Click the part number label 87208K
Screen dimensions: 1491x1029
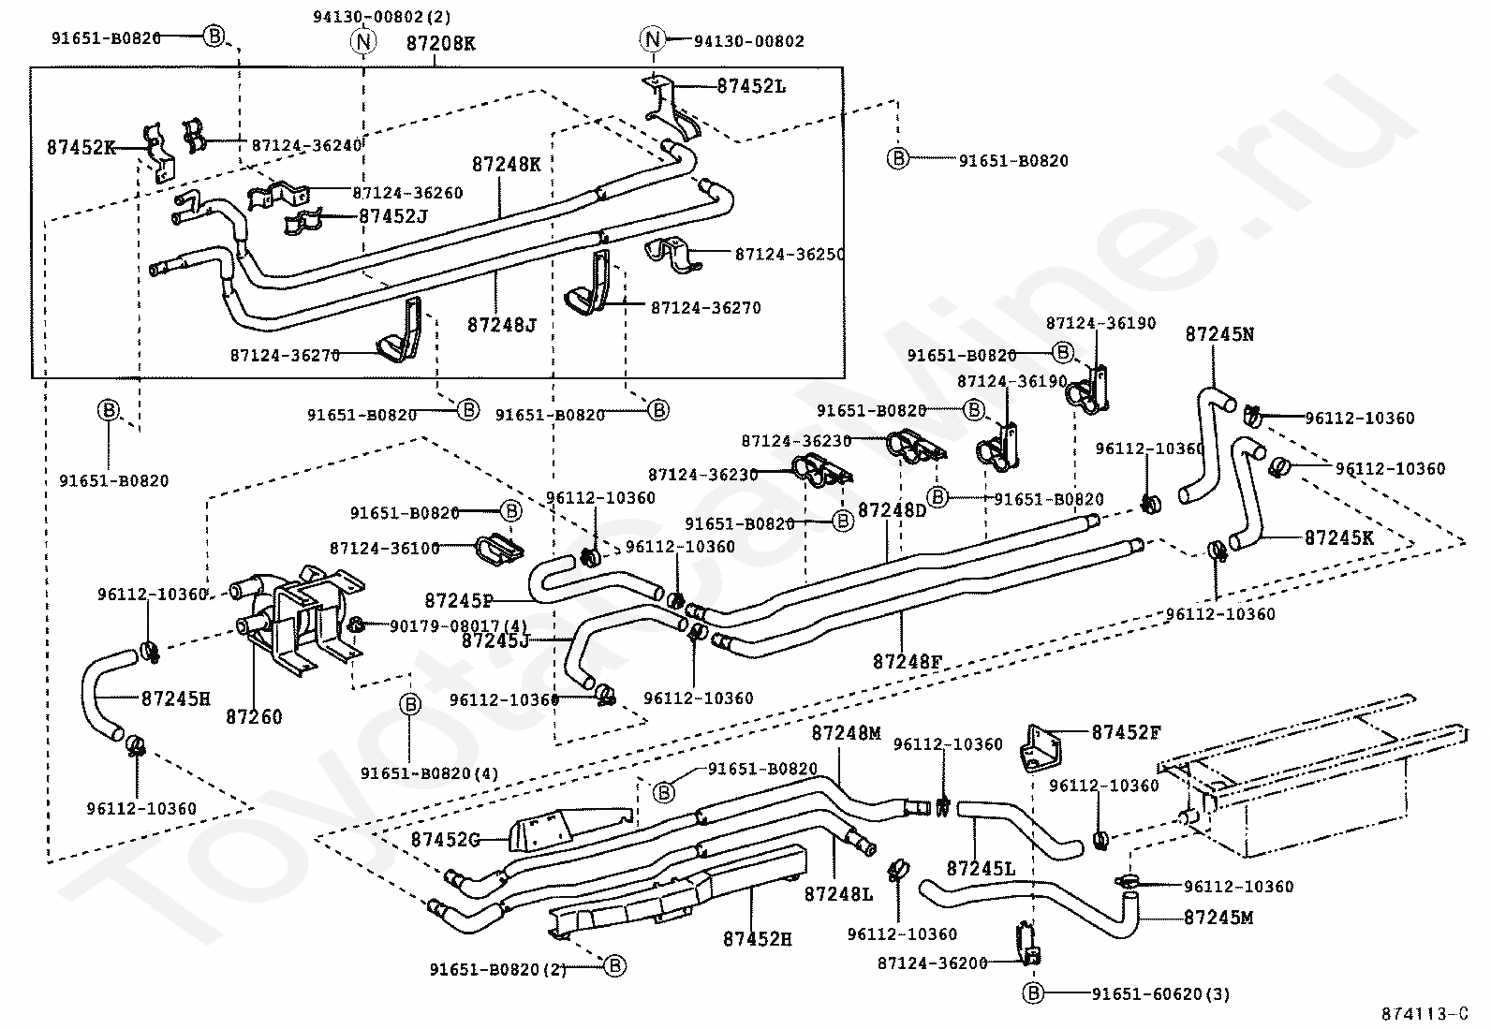pyautogui.click(x=440, y=43)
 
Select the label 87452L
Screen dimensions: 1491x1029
pyautogui.click(x=751, y=86)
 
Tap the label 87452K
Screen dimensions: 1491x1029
pyautogui.click(x=81, y=147)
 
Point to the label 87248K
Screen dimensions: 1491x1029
pyautogui.click(x=507, y=165)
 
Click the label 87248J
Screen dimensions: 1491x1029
pyautogui.click(x=502, y=326)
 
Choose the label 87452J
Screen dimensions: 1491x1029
pyautogui.click(x=393, y=216)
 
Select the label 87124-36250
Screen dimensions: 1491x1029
pyautogui.click(x=790, y=255)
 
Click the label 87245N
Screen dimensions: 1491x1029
pyautogui.click(x=1219, y=334)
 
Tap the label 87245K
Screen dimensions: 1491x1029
pyautogui.click(x=1338, y=537)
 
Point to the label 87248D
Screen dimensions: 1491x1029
pyautogui.click(x=892, y=510)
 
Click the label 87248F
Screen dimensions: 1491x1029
pyautogui.click(x=908, y=662)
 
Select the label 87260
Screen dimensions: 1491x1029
pyautogui.click(x=254, y=717)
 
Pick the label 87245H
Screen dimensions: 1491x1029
pyautogui.click(x=176, y=698)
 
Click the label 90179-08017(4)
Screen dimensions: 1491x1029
pyautogui.click(x=459, y=626)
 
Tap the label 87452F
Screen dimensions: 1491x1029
pyautogui.click(x=1127, y=733)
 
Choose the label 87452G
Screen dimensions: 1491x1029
pyautogui.click(x=445, y=840)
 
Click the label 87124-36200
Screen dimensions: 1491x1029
pyautogui.click(x=933, y=963)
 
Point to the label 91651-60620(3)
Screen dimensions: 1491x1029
pyautogui.click(x=1160, y=993)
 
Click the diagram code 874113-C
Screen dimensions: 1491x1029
pyautogui.click(x=1425, y=1014)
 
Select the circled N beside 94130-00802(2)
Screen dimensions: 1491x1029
pyautogui.click(x=363, y=42)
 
